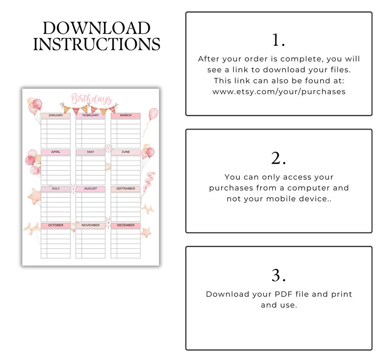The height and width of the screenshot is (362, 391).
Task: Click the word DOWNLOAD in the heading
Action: point(96,28)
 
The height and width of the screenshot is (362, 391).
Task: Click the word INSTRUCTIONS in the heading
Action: point(96,44)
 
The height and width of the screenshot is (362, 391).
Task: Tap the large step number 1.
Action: point(278,40)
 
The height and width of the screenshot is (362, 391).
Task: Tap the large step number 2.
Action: point(278,158)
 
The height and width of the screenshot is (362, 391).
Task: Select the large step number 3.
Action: point(278,275)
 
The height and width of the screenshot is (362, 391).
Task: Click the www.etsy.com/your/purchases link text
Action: point(279,92)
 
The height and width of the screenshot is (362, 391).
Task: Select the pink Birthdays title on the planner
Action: point(91,99)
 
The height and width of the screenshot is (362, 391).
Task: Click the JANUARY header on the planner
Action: point(56,115)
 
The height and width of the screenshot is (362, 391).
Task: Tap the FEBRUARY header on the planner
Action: point(91,115)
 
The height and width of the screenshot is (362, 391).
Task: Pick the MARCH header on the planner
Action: point(126,115)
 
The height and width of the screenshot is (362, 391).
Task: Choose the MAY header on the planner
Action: point(91,152)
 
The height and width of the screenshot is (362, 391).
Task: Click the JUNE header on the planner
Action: point(126,152)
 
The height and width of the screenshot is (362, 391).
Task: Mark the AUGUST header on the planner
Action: point(91,189)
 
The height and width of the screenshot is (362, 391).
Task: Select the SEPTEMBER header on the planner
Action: point(126,189)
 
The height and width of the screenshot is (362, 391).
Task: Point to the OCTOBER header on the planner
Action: point(56,225)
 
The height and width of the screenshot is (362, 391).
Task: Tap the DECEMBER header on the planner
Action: point(126,225)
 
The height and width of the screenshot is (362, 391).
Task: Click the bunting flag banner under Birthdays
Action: point(89,108)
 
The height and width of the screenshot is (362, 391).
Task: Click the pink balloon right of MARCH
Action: point(153,115)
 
